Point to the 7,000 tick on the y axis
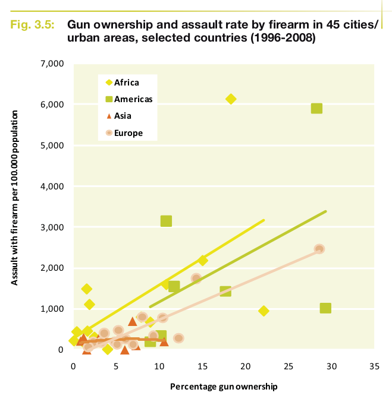(x=52, y=64)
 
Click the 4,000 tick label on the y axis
(x=52, y=186)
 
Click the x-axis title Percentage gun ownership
(x=224, y=387)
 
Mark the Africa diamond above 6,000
(x=231, y=99)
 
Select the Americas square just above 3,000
(x=166, y=221)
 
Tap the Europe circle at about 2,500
(x=319, y=249)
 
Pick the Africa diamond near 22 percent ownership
(x=264, y=311)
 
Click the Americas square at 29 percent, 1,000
(x=325, y=308)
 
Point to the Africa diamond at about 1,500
(x=86, y=289)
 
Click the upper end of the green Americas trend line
(x=325, y=211)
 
